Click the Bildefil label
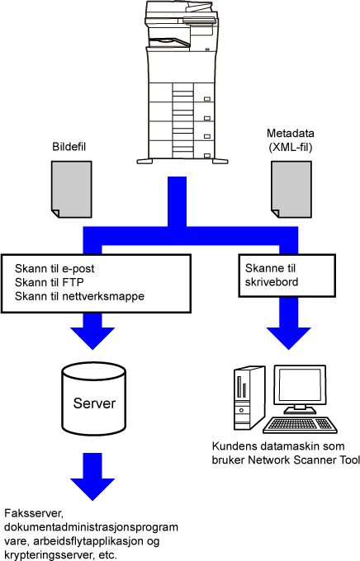pos(69,147)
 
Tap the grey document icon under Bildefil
pos(72,189)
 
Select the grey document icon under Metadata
pos(291,189)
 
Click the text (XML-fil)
pos(291,148)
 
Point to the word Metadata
pos(291,134)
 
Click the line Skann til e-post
pos(54,269)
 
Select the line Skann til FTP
pos(49,282)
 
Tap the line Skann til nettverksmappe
pos(79,296)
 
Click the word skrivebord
pos(272,282)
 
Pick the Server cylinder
pos(94,398)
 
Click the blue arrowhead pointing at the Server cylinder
pos(92,338)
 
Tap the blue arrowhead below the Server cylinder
pos(92,489)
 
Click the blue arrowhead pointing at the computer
pos(289,338)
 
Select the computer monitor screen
pos(300,386)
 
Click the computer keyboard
pos(300,425)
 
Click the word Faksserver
pos(34,514)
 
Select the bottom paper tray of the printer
pos(182,149)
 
